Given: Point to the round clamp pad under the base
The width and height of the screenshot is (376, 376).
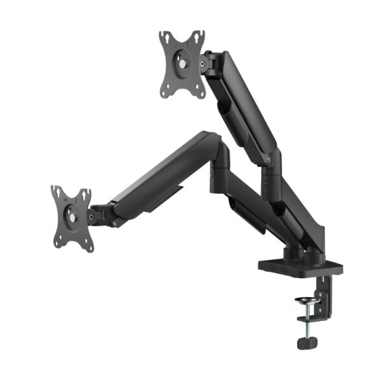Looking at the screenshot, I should coord(305,301).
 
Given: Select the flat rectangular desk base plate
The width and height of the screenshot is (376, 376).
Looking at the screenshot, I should coord(299,266).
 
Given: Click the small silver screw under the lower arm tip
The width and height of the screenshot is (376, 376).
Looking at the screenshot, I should coord(115,226).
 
